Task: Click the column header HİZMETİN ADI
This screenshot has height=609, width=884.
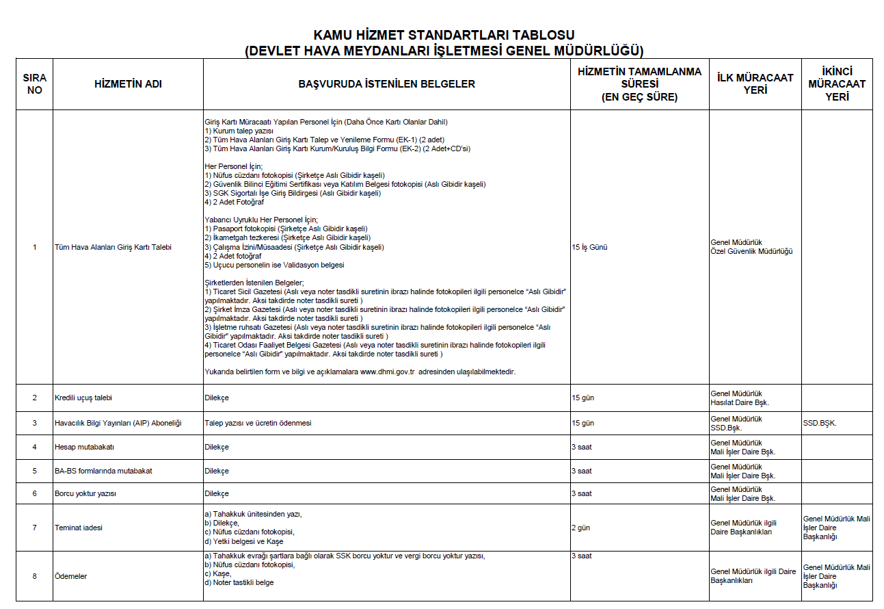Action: pos(128,84)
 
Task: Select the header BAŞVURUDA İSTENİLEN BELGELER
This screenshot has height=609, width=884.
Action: pos(386,84)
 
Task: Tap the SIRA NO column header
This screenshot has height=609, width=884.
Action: pos(34,84)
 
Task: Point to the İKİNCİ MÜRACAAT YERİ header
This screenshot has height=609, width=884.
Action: pos(837,84)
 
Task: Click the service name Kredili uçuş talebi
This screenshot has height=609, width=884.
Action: pos(83,398)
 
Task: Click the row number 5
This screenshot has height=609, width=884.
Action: pos(35,471)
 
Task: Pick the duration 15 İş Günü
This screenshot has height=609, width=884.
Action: pos(589,247)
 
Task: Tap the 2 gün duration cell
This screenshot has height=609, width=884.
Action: pos(580,528)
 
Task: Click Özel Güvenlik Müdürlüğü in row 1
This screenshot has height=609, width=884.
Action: pos(751,251)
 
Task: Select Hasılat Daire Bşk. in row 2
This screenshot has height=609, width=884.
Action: pos(740,402)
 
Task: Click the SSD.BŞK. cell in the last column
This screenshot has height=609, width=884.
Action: pos(820,423)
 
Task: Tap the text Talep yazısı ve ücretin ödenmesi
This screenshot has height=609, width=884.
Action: pos(258,423)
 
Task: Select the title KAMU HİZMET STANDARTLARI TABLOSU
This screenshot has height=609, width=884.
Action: pos(444,35)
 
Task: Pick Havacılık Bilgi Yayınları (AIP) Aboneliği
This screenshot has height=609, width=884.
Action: pos(118,423)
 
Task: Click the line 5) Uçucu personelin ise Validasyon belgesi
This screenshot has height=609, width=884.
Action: pos(274,265)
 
